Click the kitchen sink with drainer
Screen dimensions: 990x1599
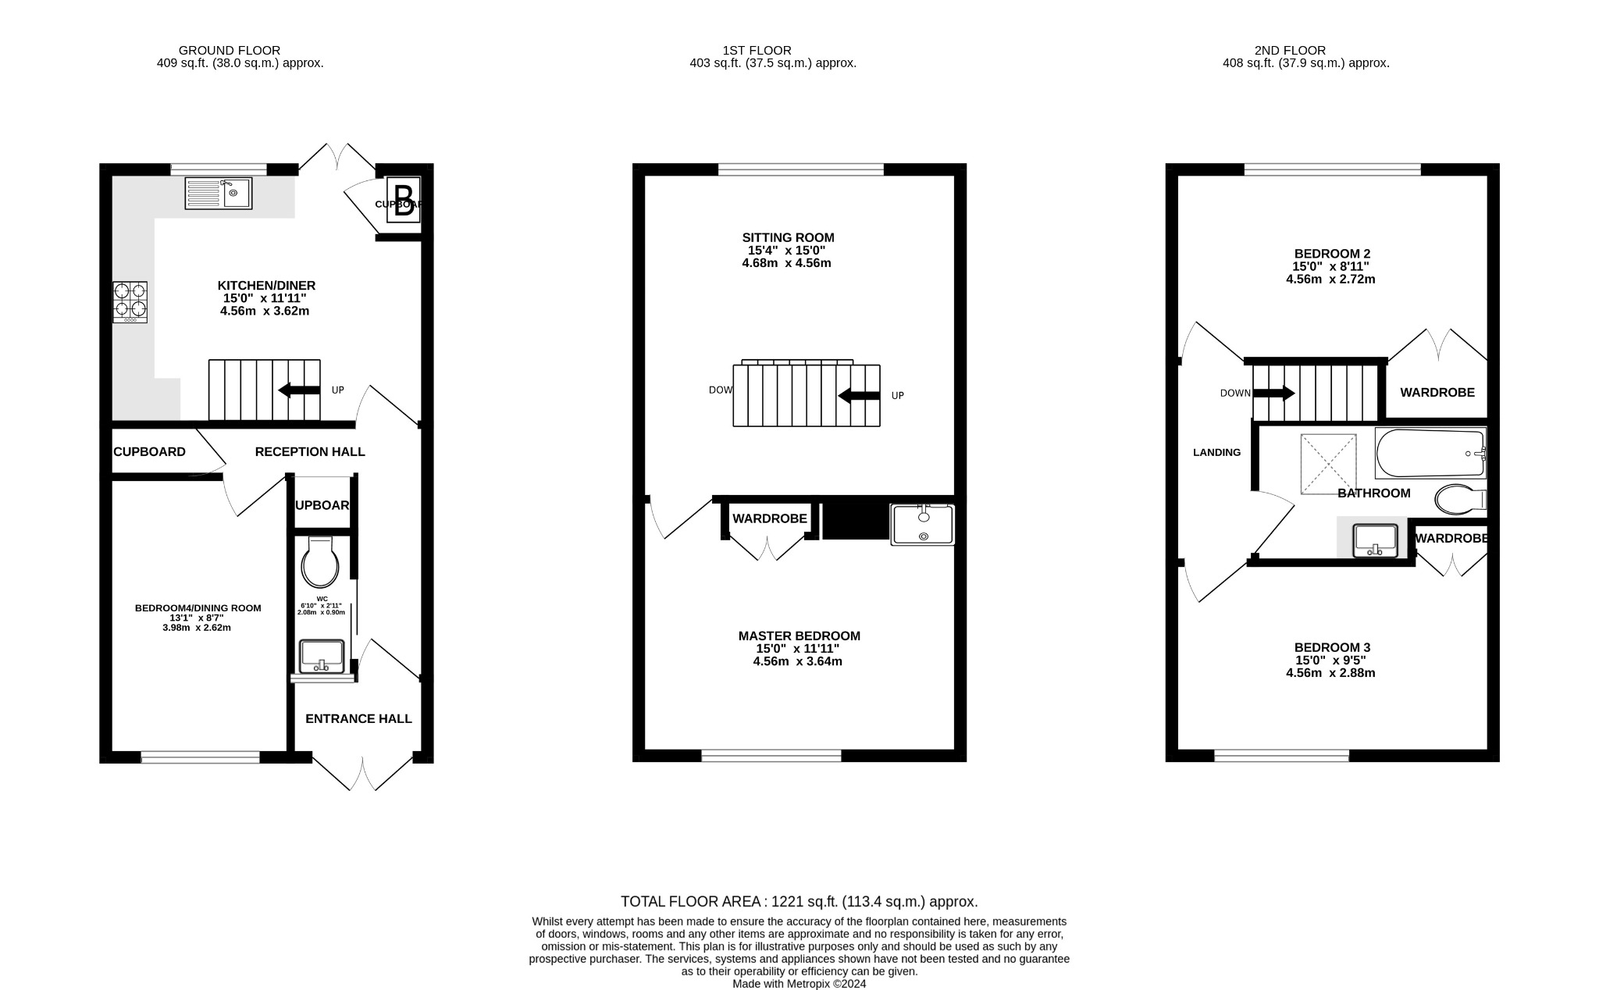pos(218,193)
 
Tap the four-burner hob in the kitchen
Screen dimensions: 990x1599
pos(130,302)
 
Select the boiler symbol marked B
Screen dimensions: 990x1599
pos(404,201)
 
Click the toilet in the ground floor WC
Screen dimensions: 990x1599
pos(320,562)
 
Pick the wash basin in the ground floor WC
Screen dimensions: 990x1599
pos(321,656)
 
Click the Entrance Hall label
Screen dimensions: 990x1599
pos(358,718)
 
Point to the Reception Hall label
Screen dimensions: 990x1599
pos(310,451)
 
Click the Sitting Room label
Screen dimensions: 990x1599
pos(788,237)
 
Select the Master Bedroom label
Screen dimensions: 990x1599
pos(799,636)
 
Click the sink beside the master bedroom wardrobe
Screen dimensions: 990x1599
pos(923,524)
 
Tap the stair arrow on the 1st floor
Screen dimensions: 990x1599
pos(859,396)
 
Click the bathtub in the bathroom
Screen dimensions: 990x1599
pos(1430,453)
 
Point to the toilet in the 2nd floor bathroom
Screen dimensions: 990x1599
pos(1458,499)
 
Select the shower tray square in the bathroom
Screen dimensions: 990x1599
pos(1328,464)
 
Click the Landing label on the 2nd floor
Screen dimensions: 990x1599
pos(1216,452)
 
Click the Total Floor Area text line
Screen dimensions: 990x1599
pos(799,902)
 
